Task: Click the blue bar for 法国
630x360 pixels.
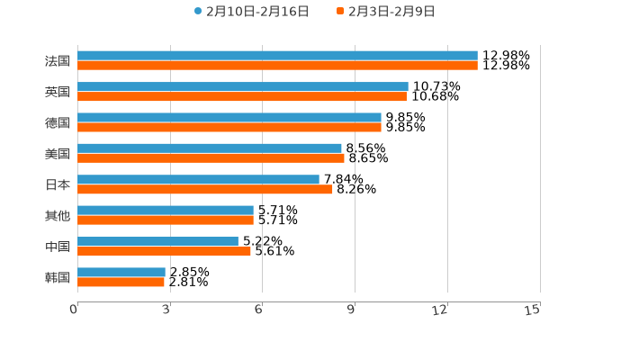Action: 277,56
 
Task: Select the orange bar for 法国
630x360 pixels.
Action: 277,66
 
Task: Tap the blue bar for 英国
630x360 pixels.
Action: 243,86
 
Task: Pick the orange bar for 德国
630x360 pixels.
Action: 229,128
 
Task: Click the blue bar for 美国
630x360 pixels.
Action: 210,148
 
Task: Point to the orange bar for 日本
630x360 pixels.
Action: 205,190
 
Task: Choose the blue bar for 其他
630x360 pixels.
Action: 166,210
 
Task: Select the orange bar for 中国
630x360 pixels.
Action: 164,251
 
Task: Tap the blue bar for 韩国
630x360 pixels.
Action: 121,272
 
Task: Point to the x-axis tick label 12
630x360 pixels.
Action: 440,310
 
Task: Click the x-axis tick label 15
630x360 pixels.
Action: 533,310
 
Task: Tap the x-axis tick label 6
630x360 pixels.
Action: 258,310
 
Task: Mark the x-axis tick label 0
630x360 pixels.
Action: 74,310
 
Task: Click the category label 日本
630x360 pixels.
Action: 58,184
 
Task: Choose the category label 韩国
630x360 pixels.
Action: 58,277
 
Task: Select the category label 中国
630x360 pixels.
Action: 58,247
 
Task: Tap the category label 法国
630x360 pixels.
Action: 58,61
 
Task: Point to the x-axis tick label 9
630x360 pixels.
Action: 351,310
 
